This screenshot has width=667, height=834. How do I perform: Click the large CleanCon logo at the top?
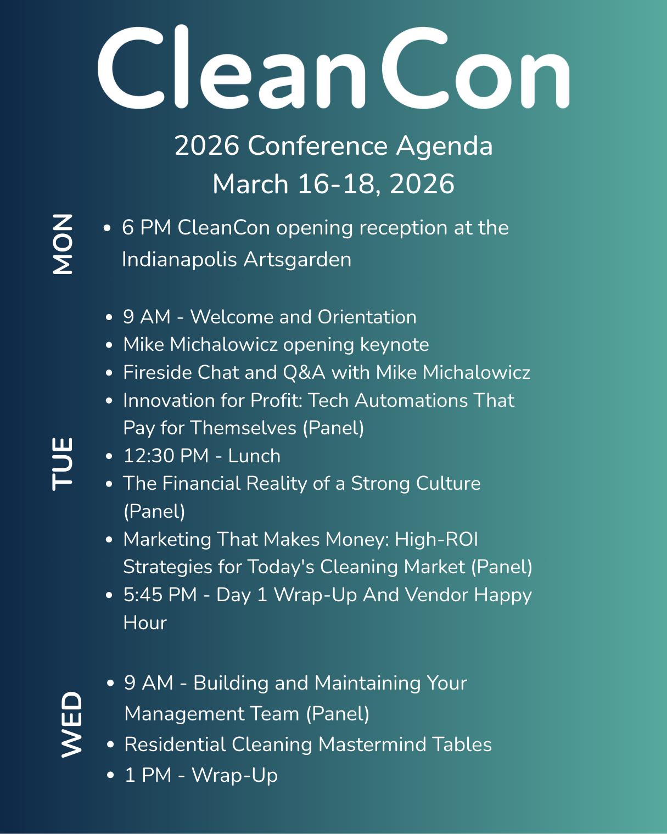[x=333, y=67]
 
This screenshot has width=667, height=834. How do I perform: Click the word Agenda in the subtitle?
[x=444, y=146]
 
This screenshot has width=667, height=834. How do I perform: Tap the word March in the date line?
[x=250, y=184]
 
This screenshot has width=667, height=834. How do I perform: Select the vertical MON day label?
[x=63, y=244]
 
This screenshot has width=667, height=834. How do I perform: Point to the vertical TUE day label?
[x=63, y=463]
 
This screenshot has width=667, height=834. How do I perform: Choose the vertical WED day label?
[x=71, y=724]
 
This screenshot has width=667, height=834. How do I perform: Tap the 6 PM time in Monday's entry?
[x=147, y=228]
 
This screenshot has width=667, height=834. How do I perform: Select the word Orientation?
[x=367, y=317]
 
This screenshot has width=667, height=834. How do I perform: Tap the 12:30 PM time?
[x=166, y=456]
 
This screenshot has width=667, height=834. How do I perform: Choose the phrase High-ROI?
[x=436, y=540]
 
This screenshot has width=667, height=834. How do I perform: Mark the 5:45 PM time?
[x=160, y=595]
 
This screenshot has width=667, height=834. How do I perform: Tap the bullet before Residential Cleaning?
[x=111, y=745]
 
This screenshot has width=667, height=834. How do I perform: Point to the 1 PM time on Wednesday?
[x=148, y=775]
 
